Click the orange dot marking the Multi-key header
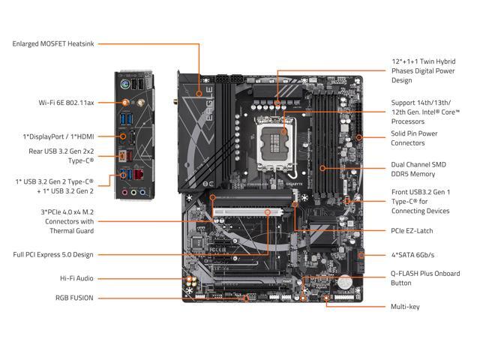pos(327,298)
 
